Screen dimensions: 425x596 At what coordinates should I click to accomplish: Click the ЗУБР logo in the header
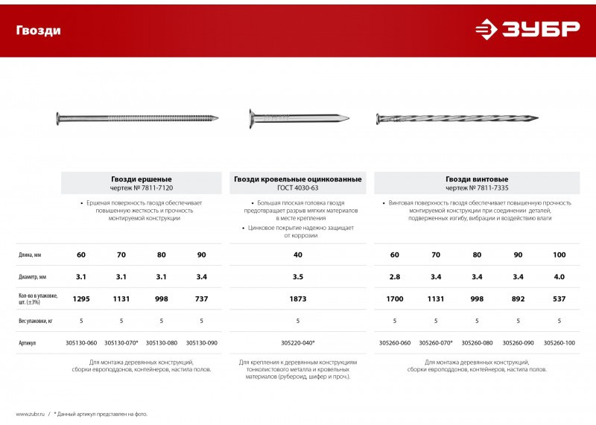coord(527,29)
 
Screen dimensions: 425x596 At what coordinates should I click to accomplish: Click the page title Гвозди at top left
coord(39,31)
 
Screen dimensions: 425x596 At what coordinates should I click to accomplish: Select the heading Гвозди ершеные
coord(142,179)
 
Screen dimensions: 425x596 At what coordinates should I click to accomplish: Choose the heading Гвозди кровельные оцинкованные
coord(298,179)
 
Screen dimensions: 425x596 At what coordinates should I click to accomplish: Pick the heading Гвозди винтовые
coord(477,179)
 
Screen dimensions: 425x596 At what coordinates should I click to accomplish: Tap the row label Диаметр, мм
coord(34,277)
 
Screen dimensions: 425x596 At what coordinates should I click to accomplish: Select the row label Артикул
coord(28,343)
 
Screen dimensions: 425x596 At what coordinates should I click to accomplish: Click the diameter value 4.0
coord(559,277)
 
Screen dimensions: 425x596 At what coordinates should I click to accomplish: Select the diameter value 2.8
coord(395,277)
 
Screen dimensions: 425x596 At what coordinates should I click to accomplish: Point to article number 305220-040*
coord(298,343)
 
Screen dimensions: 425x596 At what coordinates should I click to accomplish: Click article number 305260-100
coord(559,343)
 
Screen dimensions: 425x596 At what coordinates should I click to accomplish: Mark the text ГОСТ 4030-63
coord(298,188)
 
